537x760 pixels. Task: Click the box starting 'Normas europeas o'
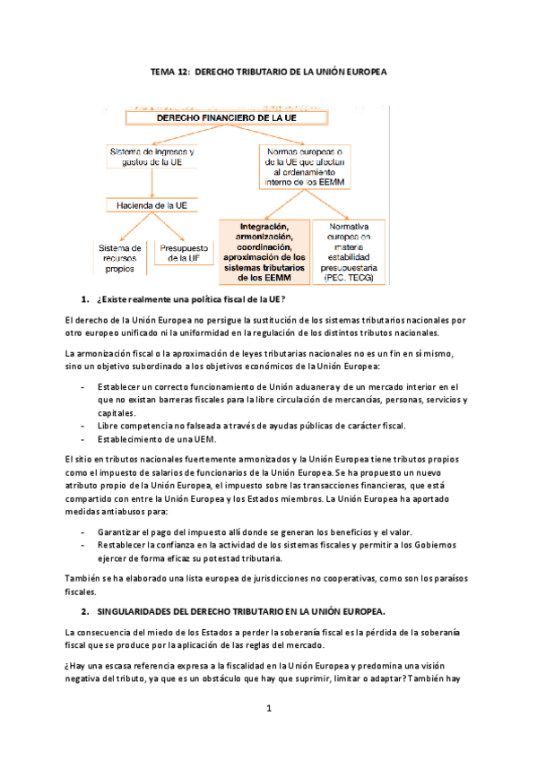(x=307, y=166)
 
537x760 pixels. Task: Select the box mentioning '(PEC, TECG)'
(x=351, y=253)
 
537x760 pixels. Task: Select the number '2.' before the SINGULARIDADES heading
(x=86, y=612)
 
